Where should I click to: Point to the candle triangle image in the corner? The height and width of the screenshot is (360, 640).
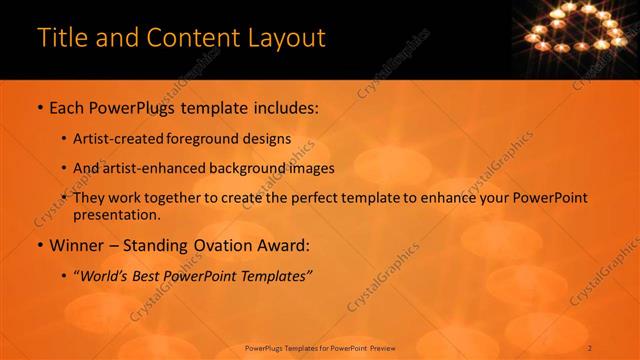pos(579,28)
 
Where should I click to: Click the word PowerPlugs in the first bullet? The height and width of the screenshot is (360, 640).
pos(132,107)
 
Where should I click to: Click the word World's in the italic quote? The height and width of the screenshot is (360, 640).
pos(104,275)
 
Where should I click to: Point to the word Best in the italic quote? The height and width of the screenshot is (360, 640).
pos(151,275)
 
